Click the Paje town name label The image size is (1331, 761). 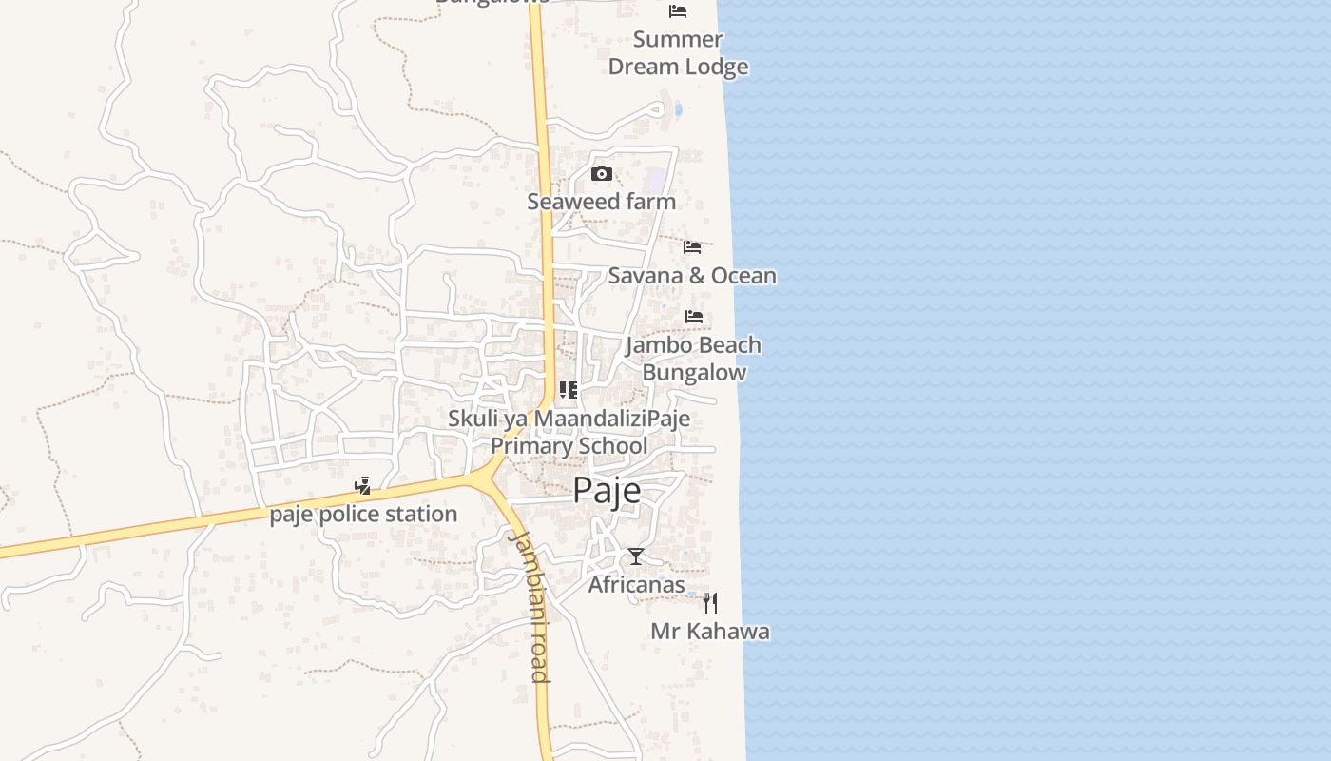pos(607,491)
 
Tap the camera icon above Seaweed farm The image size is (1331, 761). pos(602,173)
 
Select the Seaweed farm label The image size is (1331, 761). pos(602,202)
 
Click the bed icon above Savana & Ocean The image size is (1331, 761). pos(692,247)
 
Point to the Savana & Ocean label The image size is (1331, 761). pos(692,276)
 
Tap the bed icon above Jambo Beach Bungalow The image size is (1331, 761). pos(694,317)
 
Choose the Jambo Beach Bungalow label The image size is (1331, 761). pos(694,359)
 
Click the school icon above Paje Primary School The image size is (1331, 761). pos(569,390)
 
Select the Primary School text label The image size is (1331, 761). pos(569,445)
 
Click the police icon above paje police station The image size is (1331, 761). pos(362,486)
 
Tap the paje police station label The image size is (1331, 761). pos(363,515)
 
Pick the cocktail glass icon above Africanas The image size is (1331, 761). pos(636,556)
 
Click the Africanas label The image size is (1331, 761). pos(636,584)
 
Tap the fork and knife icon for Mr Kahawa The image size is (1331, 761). pos(709,602)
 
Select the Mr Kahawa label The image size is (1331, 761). pos(710,632)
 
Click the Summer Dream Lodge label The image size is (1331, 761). pos(678,53)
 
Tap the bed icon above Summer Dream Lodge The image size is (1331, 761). pos(678,11)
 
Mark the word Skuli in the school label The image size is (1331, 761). pos(473,419)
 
